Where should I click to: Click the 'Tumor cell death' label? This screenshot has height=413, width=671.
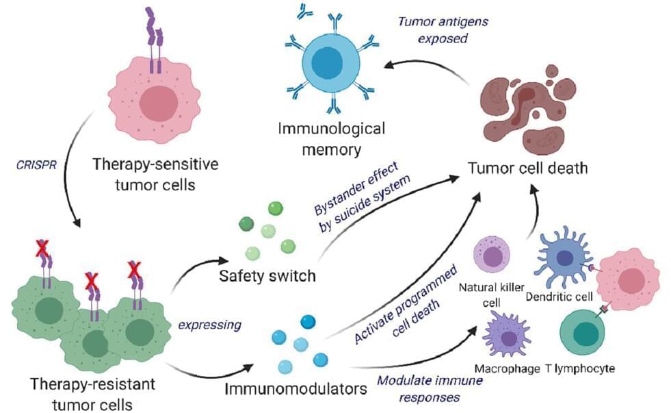525,166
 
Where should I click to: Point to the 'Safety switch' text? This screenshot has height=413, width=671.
267,276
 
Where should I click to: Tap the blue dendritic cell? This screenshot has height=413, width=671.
565,257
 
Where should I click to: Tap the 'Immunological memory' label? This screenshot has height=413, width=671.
331,137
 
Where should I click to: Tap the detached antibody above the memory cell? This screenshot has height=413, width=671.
306,10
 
